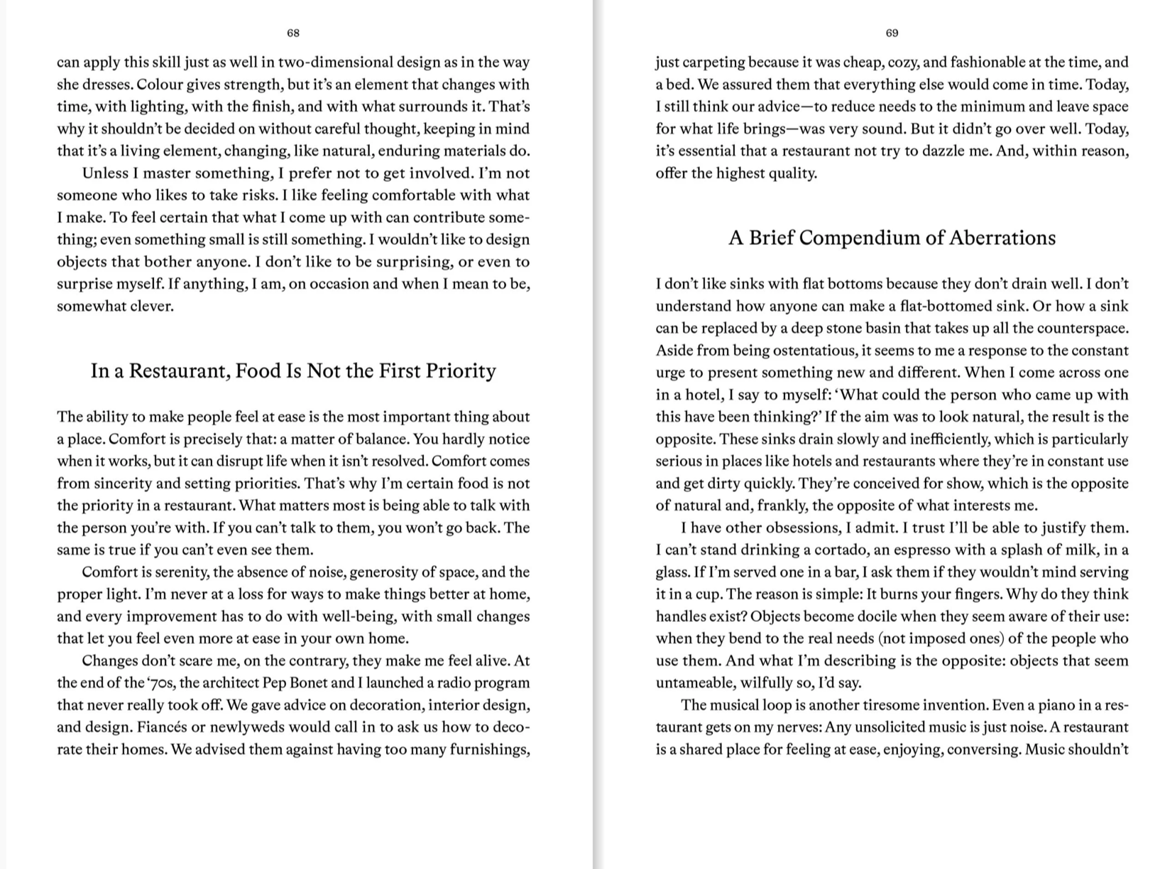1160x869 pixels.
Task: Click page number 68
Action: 293,33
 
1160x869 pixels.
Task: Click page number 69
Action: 892,33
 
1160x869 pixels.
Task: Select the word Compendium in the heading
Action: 858,238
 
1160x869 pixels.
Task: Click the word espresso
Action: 914,550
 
